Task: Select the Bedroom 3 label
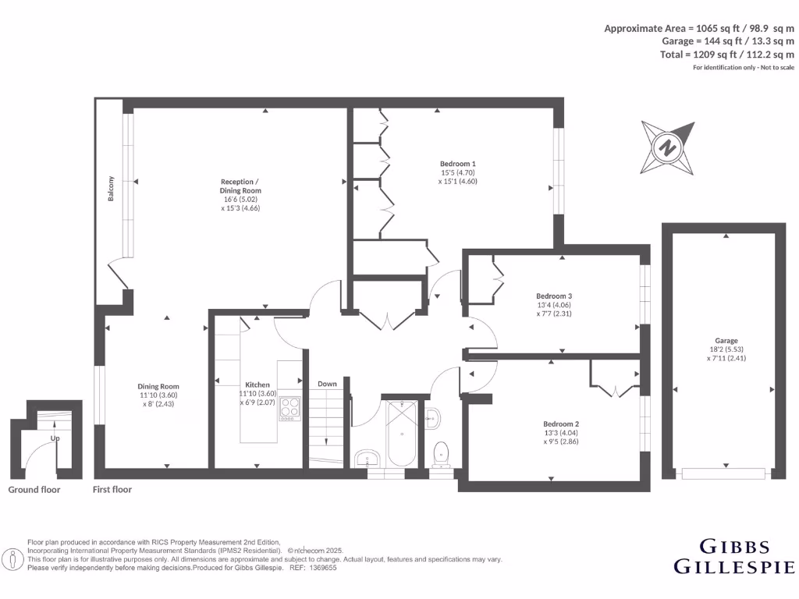(x=554, y=296)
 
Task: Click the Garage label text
(x=726, y=341)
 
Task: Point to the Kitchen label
(x=257, y=385)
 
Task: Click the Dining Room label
(x=158, y=386)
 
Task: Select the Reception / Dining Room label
(x=240, y=186)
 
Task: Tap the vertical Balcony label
(x=112, y=190)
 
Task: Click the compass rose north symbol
(x=667, y=147)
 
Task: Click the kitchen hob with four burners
(x=290, y=408)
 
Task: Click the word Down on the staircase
(x=328, y=384)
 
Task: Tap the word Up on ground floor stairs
(x=55, y=438)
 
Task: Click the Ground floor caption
(x=34, y=490)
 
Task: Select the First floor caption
(x=112, y=490)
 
